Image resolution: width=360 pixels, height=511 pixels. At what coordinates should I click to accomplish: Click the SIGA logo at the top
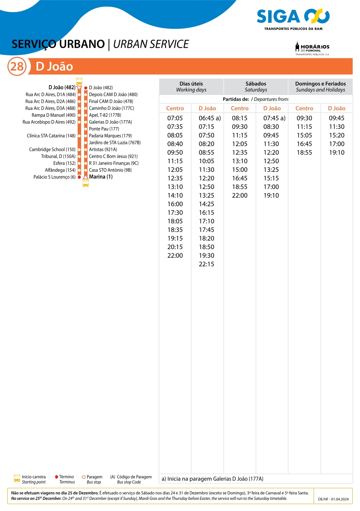(293, 17)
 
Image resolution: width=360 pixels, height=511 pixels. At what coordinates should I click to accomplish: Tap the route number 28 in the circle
(17, 67)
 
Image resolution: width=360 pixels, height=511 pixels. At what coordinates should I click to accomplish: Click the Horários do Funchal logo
(312, 49)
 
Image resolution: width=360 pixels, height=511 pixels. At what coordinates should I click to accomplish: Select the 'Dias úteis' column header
(191, 87)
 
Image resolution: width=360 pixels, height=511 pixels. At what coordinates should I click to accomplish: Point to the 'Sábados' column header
(256, 87)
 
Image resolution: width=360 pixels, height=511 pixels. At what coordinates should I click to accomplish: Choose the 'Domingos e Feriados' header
(320, 87)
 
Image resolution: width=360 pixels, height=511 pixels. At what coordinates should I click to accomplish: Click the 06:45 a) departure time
(209, 118)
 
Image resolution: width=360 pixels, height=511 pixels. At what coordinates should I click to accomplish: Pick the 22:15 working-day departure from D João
(206, 264)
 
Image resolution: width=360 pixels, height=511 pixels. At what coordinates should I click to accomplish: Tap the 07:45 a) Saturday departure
(274, 118)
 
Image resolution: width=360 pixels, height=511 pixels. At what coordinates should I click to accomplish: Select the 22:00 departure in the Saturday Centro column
(239, 195)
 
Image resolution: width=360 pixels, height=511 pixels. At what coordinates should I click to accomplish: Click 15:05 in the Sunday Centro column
(304, 135)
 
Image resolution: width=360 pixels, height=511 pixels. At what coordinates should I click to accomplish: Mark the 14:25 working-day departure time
(206, 204)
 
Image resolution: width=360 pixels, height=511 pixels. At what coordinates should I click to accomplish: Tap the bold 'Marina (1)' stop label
(101, 176)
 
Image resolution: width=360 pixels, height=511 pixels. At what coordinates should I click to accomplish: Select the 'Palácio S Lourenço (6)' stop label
(54, 177)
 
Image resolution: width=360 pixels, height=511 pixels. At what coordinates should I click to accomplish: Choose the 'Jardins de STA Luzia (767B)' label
(115, 143)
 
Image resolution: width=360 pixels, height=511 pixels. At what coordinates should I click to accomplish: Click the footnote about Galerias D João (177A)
(212, 478)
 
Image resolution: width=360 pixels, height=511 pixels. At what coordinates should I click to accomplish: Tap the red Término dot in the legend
(57, 477)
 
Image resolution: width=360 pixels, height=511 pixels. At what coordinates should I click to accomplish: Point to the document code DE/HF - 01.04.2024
(333, 499)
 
